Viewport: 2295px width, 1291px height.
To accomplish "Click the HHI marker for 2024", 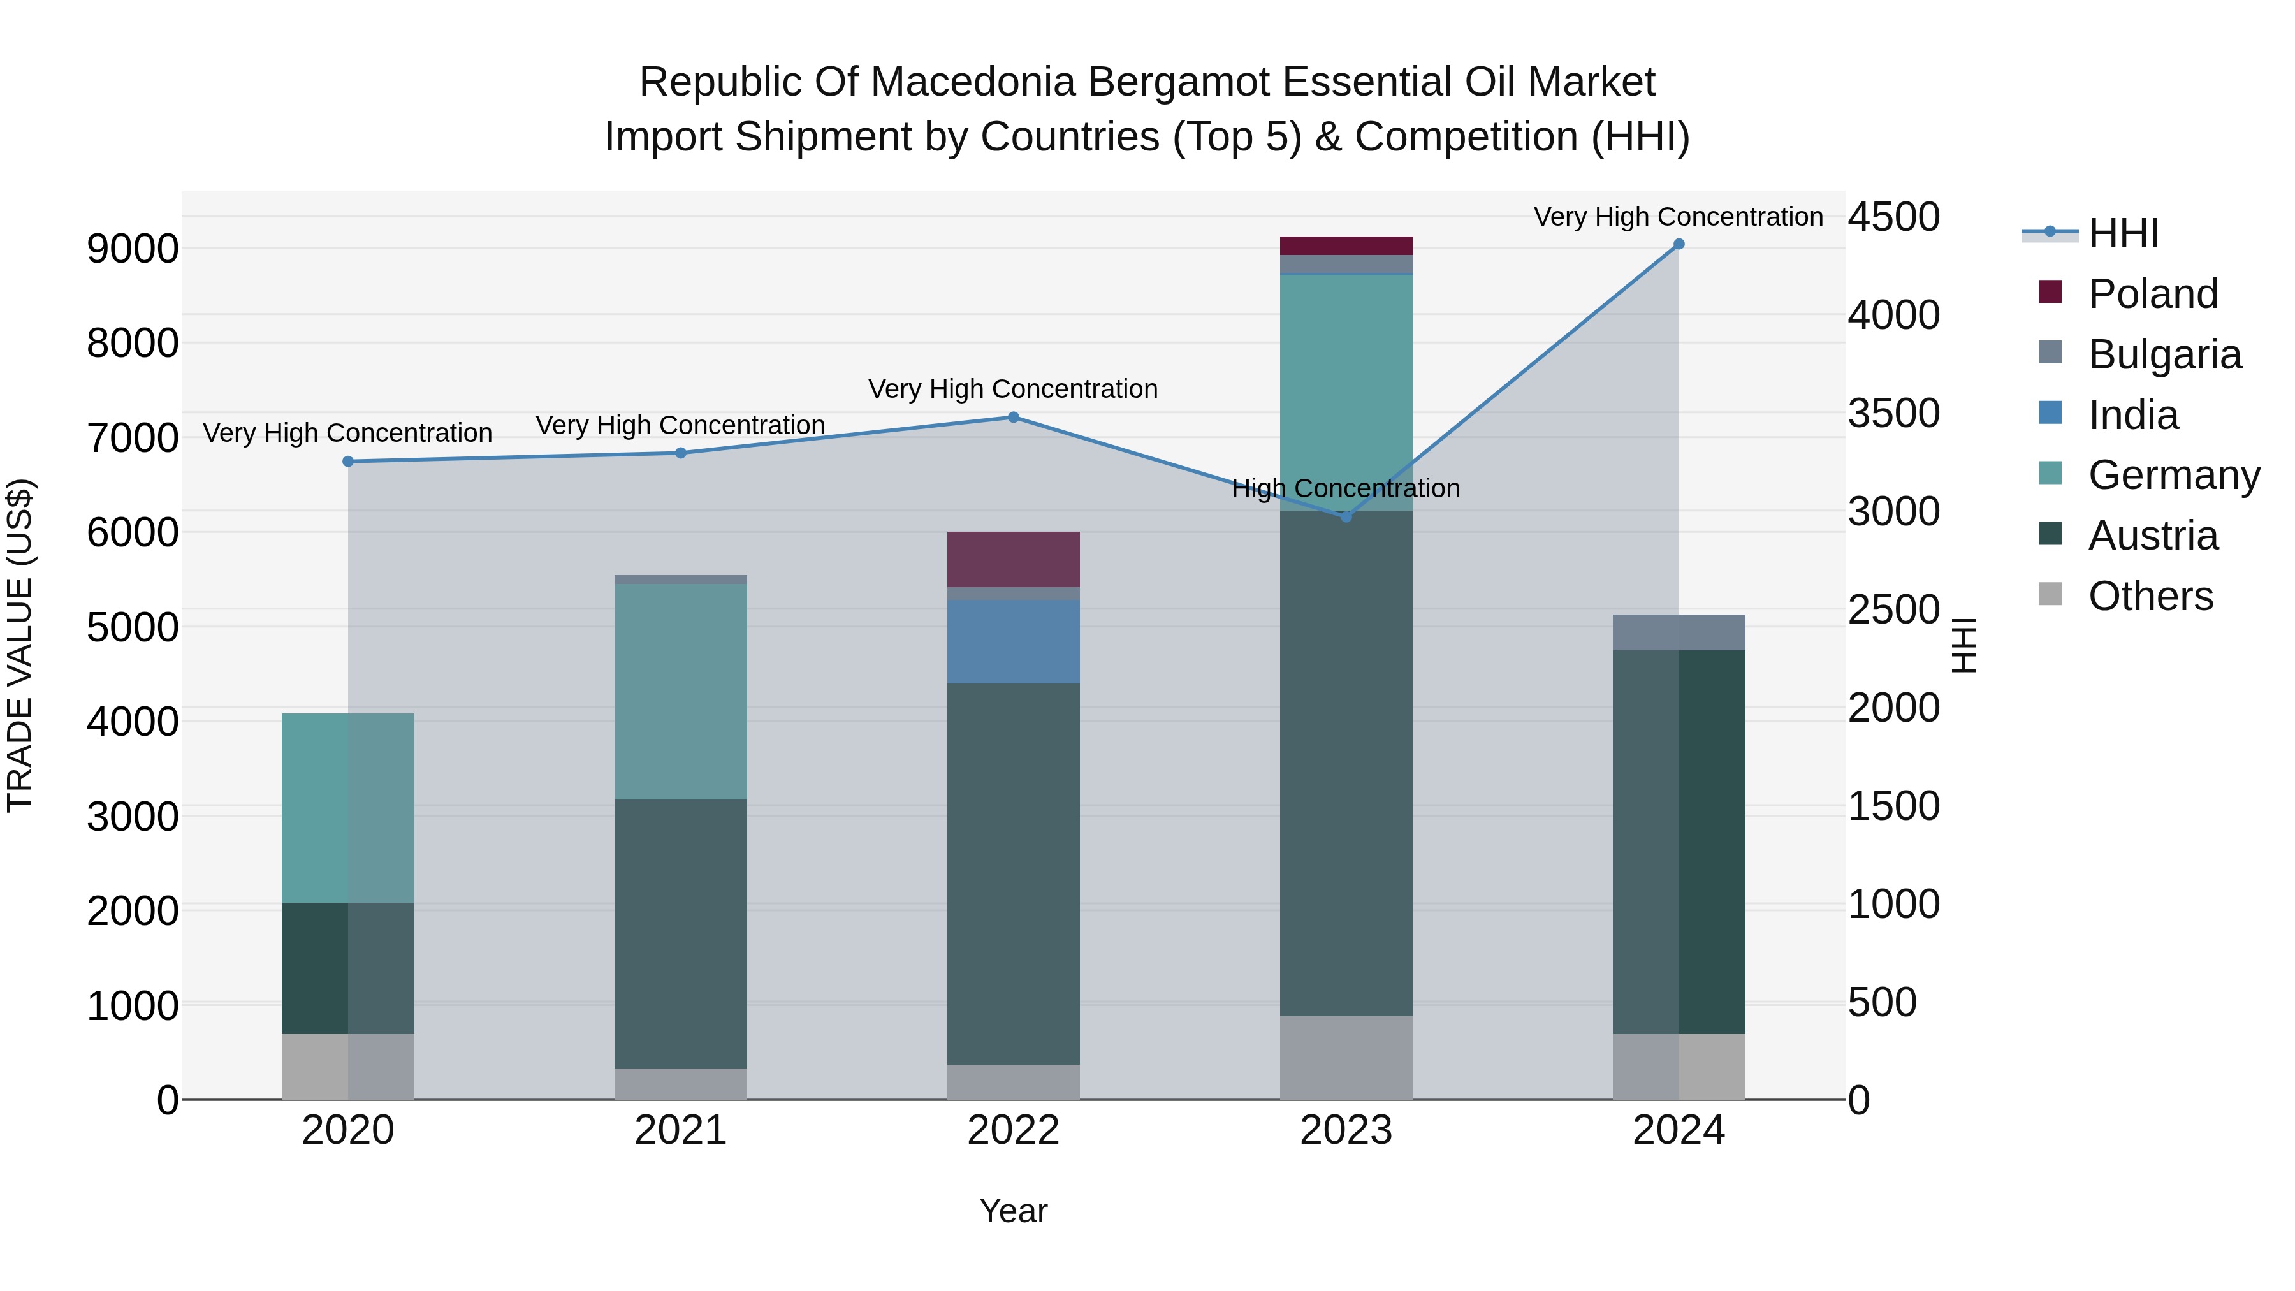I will tap(1679, 244).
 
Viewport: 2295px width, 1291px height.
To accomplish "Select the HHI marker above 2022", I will tap(1013, 417).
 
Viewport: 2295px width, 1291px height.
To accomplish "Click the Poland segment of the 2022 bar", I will tap(1013, 560).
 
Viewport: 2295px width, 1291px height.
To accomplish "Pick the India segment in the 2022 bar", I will tap(1013, 641).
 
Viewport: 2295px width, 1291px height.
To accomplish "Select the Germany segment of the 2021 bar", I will tap(681, 691).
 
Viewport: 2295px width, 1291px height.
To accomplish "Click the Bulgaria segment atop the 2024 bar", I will tap(1679, 632).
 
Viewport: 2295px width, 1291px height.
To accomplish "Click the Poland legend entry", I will tap(2152, 294).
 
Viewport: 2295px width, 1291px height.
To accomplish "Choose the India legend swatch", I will tap(2050, 413).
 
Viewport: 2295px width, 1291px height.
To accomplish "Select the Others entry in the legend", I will tap(2150, 596).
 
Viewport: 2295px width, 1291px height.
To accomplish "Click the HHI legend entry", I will tap(2123, 233).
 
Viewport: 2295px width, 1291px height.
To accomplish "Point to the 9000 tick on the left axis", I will tap(132, 249).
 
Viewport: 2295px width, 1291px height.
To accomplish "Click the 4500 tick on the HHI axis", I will tap(1893, 217).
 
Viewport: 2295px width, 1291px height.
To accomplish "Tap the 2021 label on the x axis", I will tap(681, 1130).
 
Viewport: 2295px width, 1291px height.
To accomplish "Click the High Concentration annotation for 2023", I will tap(1345, 488).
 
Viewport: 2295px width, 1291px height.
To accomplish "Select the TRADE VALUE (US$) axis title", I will tap(20, 645).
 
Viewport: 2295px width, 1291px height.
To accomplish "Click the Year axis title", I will tap(1013, 1211).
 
